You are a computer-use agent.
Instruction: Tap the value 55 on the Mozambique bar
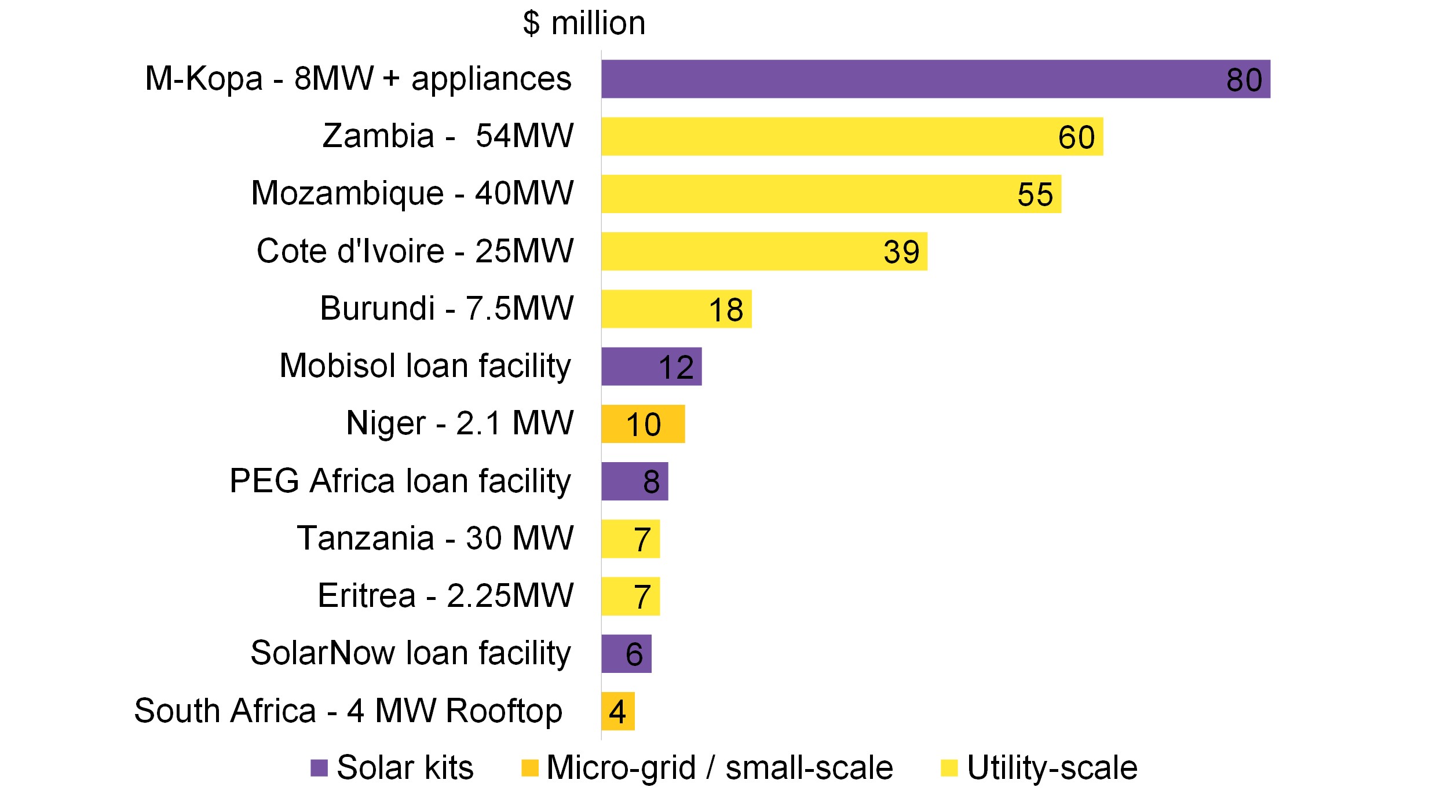[1035, 195]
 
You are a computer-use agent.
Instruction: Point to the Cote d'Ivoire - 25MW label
[415, 251]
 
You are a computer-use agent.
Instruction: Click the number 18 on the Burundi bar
[726, 310]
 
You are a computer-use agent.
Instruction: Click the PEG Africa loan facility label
[400, 481]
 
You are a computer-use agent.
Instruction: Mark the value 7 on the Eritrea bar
[642, 597]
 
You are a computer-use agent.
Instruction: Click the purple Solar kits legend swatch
[319, 768]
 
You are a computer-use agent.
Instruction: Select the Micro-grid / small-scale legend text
[719, 768]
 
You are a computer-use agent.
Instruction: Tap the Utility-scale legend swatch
[949, 768]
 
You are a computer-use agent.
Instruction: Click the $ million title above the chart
[584, 24]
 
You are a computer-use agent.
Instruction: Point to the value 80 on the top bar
[1244, 80]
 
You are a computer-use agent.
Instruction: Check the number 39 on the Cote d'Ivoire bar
[901, 252]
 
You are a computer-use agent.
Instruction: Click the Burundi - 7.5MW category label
[447, 308]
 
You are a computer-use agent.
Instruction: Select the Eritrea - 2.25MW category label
[445, 596]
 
